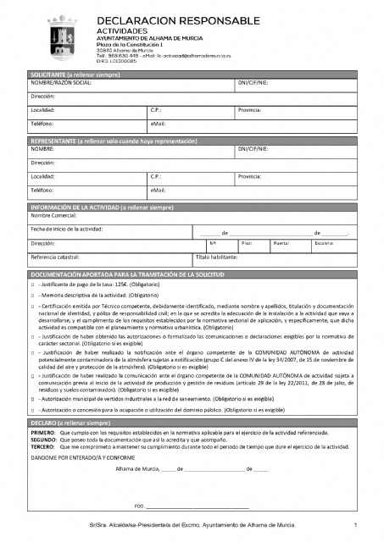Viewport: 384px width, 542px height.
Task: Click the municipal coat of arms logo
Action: (x=63, y=36)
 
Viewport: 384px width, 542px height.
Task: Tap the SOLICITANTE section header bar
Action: (x=192, y=75)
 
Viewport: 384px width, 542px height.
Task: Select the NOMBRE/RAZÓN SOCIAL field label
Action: (x=61, y=83)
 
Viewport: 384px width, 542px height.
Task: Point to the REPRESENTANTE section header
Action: (x=192, y=141)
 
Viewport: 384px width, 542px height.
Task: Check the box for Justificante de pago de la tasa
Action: (x=32, y=286)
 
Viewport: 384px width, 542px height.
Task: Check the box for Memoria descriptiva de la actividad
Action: (x=32, y=296)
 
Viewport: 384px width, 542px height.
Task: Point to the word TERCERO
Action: (x=43, y=446)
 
